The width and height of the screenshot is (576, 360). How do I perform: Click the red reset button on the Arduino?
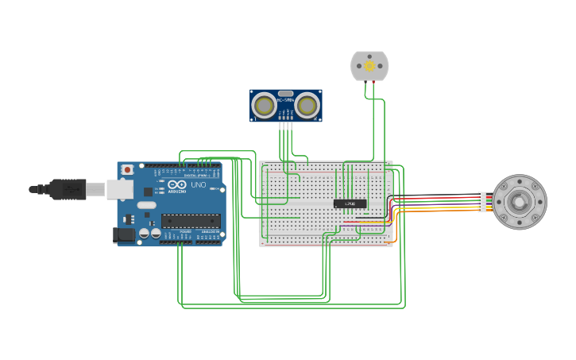[127, 170]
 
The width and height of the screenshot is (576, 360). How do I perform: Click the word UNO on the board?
[198, 185]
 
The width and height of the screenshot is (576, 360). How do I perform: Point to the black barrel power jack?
[123, 234]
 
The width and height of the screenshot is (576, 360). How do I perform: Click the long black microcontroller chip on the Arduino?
[191, 221]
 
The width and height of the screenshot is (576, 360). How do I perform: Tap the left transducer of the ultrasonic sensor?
[264, 105]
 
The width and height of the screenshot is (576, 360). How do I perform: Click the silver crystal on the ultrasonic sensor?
[286, 94]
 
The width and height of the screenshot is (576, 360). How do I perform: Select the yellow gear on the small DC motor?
[369, 66]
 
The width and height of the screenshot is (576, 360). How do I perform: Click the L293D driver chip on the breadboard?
[350, 204]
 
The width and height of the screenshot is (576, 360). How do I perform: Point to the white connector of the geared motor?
[482, 203]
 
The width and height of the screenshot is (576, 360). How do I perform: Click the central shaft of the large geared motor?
[519, 202]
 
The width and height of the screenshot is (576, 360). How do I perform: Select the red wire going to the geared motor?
[437, 197]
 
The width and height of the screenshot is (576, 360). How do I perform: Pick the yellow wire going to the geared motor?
[437, 207]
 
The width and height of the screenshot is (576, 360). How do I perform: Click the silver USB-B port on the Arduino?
[119, 189]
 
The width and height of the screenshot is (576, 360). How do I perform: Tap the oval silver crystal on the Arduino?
[147, 205]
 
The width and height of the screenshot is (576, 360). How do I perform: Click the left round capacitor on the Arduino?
[145, 234]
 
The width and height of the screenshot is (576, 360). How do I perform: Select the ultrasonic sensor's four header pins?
[286, 125]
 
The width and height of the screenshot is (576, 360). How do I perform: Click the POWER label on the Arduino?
[185, 231]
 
